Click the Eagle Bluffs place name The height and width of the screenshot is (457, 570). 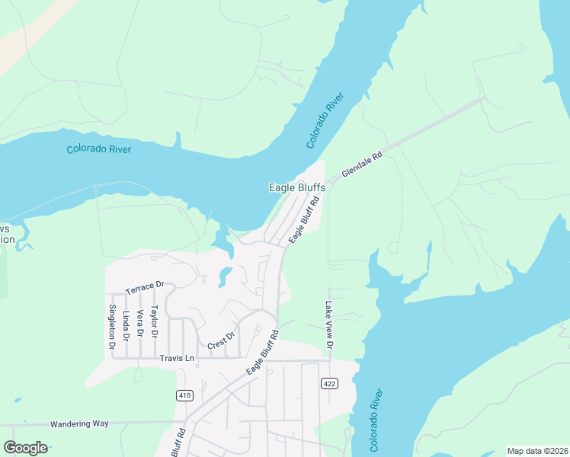pyautogui.click(x=297, y=187)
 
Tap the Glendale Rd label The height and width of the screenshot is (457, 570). pyautogui.click(x=361, y=164)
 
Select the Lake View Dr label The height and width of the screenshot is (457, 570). pyautogui.click(x=330, y=324)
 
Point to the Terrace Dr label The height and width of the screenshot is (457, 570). pyautogui.click(x=145, y=287)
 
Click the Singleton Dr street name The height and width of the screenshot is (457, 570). pyautogui.click(x=112, y=327)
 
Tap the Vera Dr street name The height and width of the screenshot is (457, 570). pyautogui.click(x=139, y=324)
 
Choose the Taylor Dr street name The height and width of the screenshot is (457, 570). pyautogui.click(x=154, y=322)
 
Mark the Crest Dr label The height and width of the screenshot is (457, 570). pyautogui.click(x=222, y=339)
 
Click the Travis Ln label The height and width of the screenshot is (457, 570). pyautogui.click(x=178, y=358)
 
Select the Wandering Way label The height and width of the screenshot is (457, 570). pyautogui.click(x=79, y=423)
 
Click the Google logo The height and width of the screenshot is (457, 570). pyautogui.click(x=25, y=448)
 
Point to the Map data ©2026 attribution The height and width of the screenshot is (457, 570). pyautogui.click(x=537, y=451)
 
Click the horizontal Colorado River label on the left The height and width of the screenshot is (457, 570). pyautogui.click(x=98, y=149)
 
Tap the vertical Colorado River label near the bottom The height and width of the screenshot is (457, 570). pyautogui.click(x=376, y=420)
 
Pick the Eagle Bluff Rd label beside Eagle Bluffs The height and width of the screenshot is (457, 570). pyautogui.click(x=303, y=219)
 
